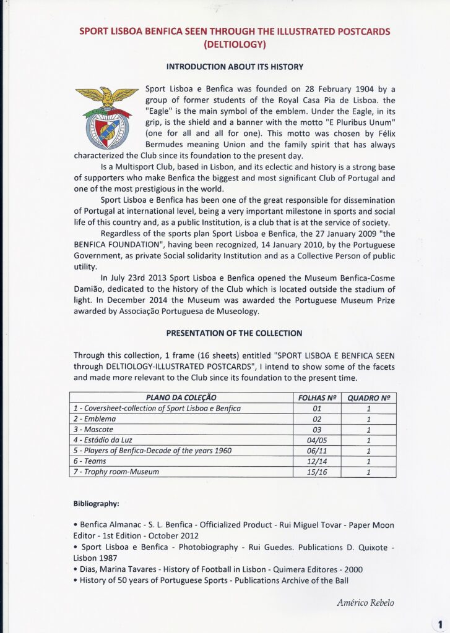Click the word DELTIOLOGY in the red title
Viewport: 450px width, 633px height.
235,44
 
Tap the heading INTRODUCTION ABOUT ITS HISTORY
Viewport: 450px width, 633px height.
235,66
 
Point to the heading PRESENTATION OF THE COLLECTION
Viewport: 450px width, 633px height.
235,333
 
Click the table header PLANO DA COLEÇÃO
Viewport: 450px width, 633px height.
181,397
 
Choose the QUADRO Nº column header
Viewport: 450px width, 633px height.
369,397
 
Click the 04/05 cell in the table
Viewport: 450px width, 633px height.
317,440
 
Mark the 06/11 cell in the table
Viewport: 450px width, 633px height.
317,451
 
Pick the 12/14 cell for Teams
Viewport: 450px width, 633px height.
317,461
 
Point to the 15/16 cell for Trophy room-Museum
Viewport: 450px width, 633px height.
317,472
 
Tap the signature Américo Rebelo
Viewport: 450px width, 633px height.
366,603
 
